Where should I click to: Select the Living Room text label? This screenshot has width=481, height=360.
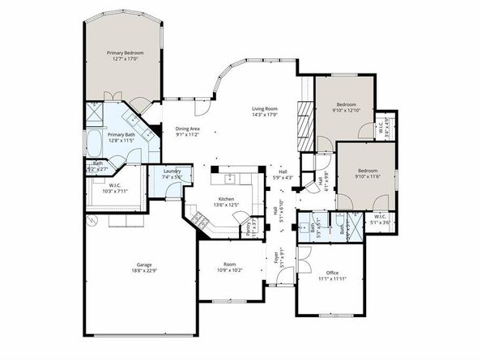(x=265, y=112)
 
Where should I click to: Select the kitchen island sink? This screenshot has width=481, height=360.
(x=230, y=176)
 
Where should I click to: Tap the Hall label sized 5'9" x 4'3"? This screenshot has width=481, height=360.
(x=283, y=174)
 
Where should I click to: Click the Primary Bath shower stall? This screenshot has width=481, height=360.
(x=93, y=116)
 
